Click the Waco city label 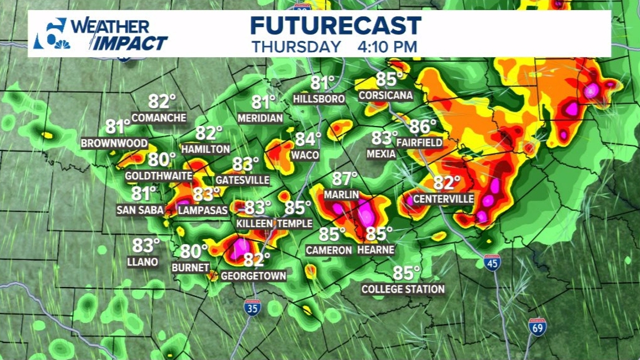(305, 156)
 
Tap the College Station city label (403, 289)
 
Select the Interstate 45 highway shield (492, 262)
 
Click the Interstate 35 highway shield (252, 307)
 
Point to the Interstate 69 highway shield (537, 326)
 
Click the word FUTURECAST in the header (336, 26)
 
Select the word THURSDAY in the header (296, 47)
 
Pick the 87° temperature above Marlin (344, 179)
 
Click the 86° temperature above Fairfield (423, 127)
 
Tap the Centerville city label (444, 199)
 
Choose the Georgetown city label (253, 276)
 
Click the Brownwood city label (115, 143)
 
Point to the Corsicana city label (386, 95)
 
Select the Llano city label (143, 262)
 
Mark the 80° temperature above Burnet (194, 251)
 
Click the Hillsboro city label (319, 99)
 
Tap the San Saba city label (140, 210)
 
